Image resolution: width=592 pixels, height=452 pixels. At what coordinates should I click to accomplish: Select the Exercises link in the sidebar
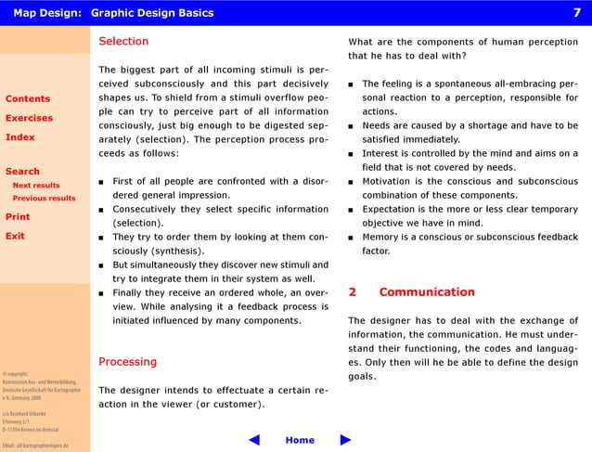(30, 118)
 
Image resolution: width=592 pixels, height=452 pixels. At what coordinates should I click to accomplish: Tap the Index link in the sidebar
(20, 137)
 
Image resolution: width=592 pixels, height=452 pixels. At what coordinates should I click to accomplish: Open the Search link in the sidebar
(23, 171)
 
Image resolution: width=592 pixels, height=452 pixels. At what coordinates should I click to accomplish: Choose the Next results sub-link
(36, 185)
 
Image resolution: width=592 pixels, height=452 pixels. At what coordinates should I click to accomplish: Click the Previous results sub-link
(44, 198)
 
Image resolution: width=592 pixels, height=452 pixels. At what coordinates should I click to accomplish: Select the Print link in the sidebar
(18, 216)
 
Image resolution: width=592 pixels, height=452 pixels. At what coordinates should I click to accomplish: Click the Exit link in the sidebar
(15, 236)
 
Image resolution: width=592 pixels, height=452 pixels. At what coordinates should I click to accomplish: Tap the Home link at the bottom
(300, 440)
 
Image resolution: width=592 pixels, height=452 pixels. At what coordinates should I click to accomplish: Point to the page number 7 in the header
(576, 12)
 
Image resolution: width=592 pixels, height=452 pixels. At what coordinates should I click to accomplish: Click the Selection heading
(123, 42)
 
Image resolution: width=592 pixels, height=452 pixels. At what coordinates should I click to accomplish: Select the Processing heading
(127, 361)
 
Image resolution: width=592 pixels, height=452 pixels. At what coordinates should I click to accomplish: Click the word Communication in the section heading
(426, 292)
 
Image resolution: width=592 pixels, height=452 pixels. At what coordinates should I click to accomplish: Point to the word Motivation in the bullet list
(390, 181)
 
